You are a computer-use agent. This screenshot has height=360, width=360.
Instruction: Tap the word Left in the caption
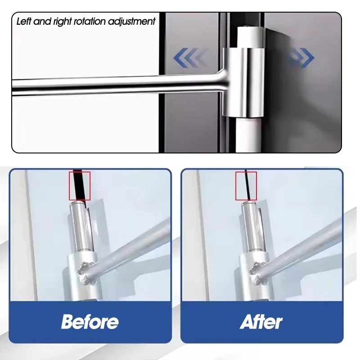(25, 22)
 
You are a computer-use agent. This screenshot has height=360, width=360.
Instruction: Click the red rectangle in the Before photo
(80, 185)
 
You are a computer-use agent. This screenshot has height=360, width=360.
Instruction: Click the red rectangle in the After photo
(246, 185)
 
